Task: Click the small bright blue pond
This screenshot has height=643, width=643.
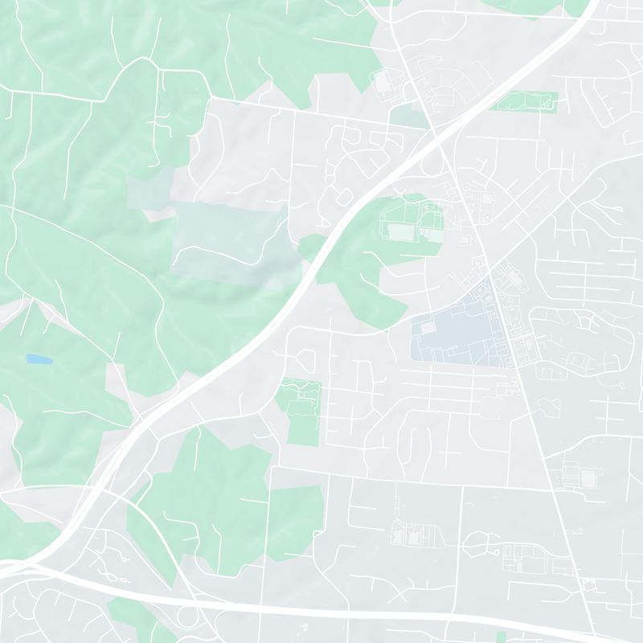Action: click(x=35, y=358)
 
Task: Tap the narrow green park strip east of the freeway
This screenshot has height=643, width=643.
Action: click(x=526, y=101)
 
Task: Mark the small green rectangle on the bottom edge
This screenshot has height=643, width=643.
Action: click(x=502, y=637)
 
